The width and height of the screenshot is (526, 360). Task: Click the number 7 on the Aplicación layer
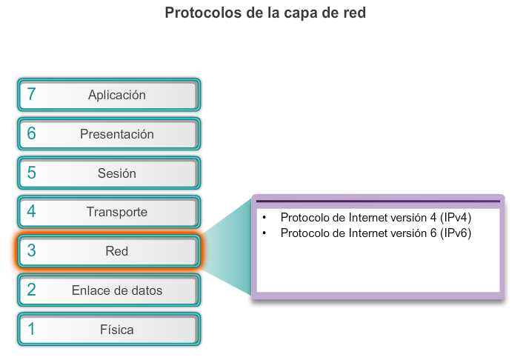click(x=31, y=95)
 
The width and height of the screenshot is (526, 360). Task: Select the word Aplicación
click(x=116, y=95)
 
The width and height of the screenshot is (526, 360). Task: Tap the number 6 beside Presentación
click(x=31, y=134)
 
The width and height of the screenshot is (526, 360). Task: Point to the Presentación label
click(x=116, y=134)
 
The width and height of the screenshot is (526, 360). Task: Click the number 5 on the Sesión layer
click(x=31, y=173)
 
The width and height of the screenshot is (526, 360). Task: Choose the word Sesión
click(x=116, y=173)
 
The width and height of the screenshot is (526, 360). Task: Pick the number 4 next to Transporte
click(x=31, y=212)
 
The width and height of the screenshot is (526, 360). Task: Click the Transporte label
click(x=116, y=212)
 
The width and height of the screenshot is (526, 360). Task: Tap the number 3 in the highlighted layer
click(x=31, y=251)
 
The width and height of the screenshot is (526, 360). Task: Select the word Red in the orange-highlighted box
click(x=116, y=251)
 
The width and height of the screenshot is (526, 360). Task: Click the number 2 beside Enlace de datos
click(x=31, y=290)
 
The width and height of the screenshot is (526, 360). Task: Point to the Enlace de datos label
click(x=116, y=290)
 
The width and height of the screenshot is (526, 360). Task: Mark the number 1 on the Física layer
click(x=31, y=329)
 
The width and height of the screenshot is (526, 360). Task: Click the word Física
click(x=116, y=329)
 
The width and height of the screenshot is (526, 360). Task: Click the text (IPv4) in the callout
click(x=456, y=219)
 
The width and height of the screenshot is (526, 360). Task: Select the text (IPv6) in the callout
click(x=456, y=233)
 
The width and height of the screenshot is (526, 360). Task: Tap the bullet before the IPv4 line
click(x=264, y=219)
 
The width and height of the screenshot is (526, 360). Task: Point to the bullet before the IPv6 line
click(x=264, y=233)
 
